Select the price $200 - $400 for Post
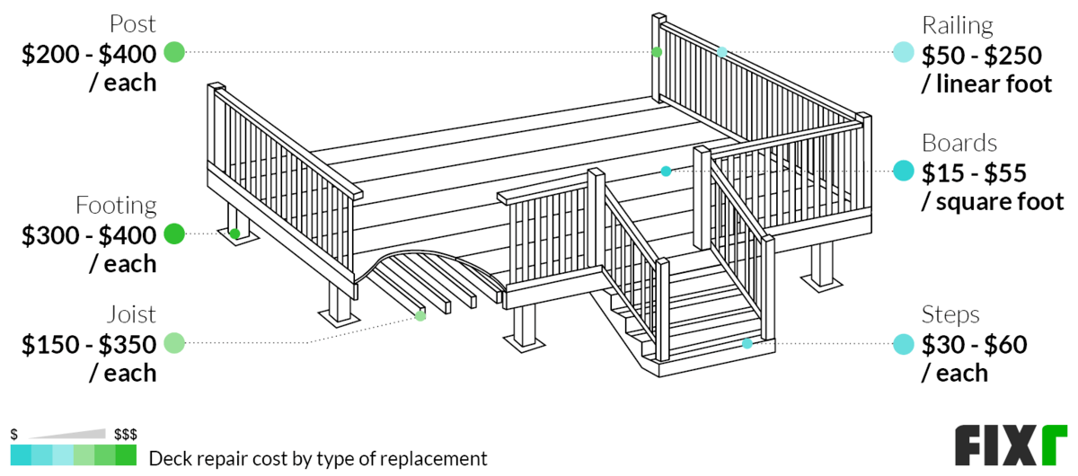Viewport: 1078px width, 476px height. pos(89,54)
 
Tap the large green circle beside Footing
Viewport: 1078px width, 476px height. pos(174,234)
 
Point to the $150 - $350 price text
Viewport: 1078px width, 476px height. pos(89,344)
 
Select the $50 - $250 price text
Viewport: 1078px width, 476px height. pos(981,56)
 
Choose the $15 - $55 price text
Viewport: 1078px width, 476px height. pos(975,172)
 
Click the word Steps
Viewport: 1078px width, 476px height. pos(950,314)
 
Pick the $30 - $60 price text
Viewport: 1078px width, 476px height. pos(975,344)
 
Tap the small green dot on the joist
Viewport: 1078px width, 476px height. pos(420,315)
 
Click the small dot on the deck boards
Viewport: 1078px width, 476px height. pos(666,171)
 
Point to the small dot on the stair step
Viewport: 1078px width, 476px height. pos(747,343)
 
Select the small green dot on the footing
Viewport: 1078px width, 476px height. pos(234,234)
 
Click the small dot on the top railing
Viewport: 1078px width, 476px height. pos(721,52)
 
